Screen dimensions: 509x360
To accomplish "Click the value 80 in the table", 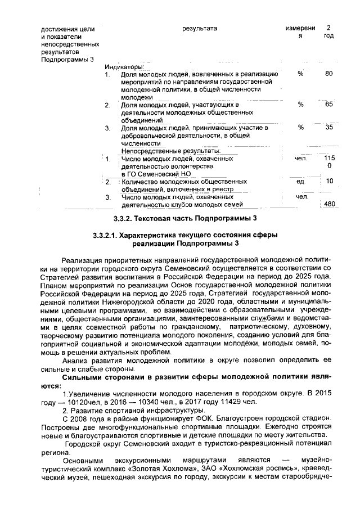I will (x=329, y=74).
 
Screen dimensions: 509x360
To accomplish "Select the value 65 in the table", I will (x=329, y=105).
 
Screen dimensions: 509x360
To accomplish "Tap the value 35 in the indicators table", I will (x=329, y=128).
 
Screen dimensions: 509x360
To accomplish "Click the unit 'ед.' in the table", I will (x=300, y=181).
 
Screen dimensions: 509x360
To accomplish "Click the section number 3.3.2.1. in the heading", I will (x=111, y=234).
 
